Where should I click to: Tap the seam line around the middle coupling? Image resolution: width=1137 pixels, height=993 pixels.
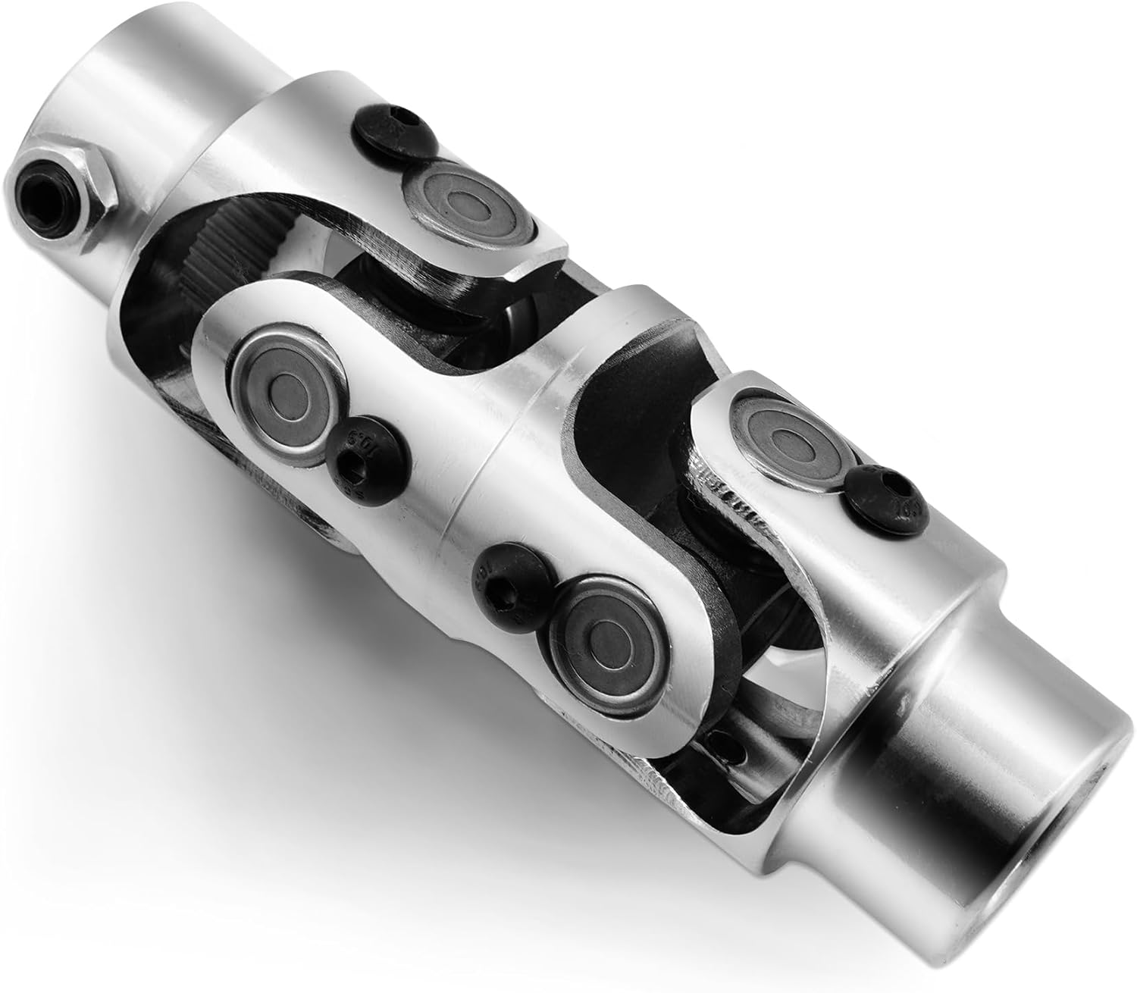coord(474,531)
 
